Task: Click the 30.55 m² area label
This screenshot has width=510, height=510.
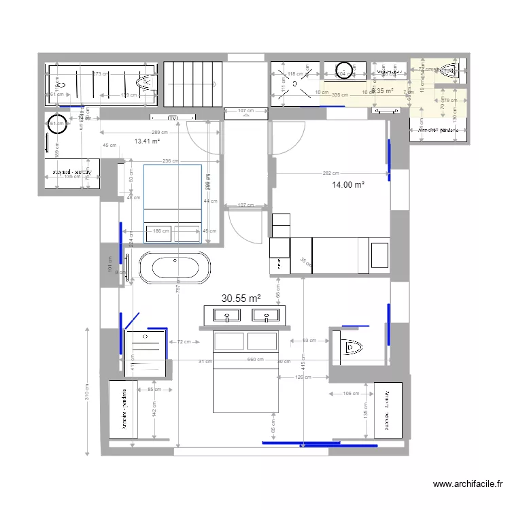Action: pos(241,298)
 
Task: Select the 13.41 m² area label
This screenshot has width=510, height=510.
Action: pos(147,141)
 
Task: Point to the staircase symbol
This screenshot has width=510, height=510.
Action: pos(194,82)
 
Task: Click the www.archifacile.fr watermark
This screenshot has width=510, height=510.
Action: pos(467,484)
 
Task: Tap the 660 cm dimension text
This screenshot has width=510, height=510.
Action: pos(255,360)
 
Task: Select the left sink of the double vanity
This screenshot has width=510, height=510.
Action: pos(224,315)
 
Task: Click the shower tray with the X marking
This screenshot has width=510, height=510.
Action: pos(294,83)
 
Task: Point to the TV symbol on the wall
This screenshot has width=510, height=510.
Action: pos(173,117)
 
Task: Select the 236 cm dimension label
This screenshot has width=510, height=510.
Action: pos(171,161)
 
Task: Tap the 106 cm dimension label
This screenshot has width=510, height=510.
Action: pos(351,394)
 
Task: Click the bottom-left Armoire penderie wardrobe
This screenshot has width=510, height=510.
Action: pos(124,409)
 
